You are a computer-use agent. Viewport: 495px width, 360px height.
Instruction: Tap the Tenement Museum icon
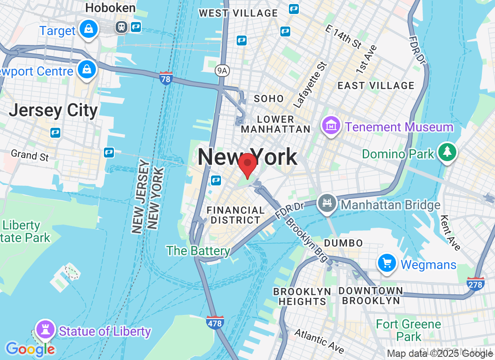click(331, 126)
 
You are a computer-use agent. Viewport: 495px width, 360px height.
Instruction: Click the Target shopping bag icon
click(89, 29)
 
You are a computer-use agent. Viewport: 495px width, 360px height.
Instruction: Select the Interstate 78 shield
click(166, 78)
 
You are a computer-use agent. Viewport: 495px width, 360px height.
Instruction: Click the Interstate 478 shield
click(215, 322)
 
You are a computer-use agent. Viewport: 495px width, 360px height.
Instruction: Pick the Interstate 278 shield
click(476, 283)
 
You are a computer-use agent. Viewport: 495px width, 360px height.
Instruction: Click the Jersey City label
click(53, 110)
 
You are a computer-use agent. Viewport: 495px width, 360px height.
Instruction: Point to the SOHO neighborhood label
click(269, 99)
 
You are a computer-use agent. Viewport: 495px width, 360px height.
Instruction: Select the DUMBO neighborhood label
click(343, 243)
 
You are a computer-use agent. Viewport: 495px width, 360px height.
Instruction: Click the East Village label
click(376, 85)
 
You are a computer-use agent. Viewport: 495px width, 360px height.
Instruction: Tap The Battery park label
click(198, 251)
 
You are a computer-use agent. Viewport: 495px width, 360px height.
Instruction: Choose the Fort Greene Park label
click(408, 330)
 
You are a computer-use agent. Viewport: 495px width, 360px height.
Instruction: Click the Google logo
click(30, 349)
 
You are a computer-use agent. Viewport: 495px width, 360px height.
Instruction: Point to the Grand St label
click(30, 155)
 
